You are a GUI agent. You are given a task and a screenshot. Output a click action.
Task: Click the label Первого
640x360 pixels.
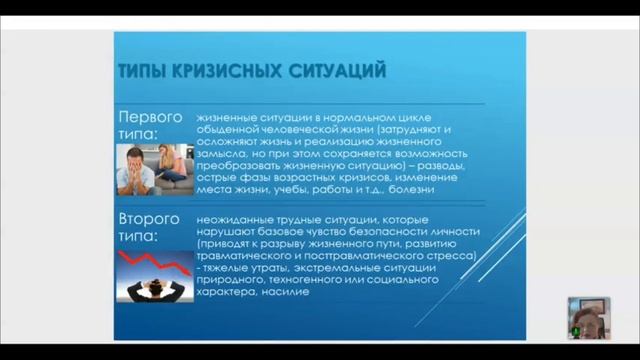tap(150, 116)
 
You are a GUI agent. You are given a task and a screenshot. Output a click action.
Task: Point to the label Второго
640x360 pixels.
tap(150, 218)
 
